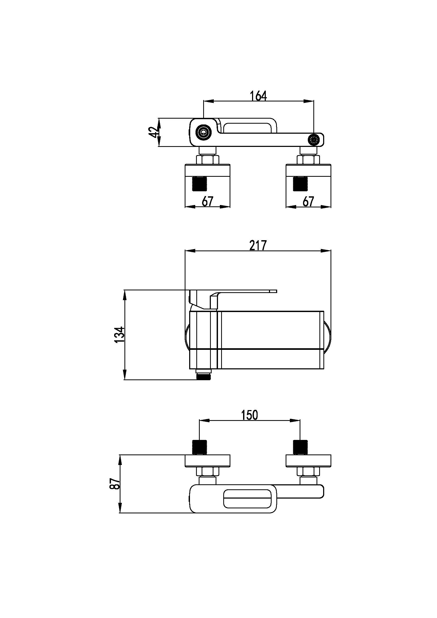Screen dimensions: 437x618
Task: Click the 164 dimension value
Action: click(x=258, y=96)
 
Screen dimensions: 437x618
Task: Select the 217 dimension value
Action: click(x=258, y=245)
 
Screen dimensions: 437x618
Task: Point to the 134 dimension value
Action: click(x=120, y=334)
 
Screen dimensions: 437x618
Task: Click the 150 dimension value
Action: click(x=249, y=415)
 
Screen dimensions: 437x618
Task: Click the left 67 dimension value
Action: click(x=207, y=201)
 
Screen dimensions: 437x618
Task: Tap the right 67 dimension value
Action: click(x=308, y=201)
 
